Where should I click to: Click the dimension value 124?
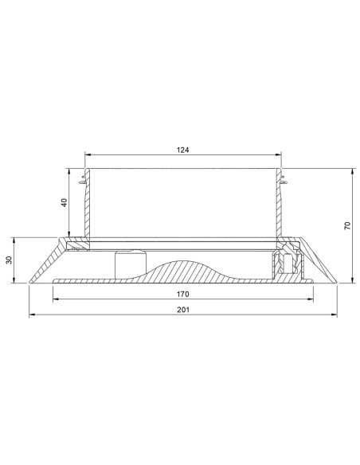tap(182, 150)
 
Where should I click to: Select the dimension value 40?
tap(64, 202)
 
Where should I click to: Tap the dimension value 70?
tap(347, 225)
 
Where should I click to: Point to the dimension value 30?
tap(10, 260)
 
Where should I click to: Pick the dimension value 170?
tap(182, 294)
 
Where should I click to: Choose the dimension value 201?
tap(183, 310)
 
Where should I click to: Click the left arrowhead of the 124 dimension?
tap(88, 154)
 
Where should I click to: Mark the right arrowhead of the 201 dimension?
tap(335, 315)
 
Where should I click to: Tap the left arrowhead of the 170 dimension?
tap(56, 299)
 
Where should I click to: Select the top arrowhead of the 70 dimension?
tap(352, 171)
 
